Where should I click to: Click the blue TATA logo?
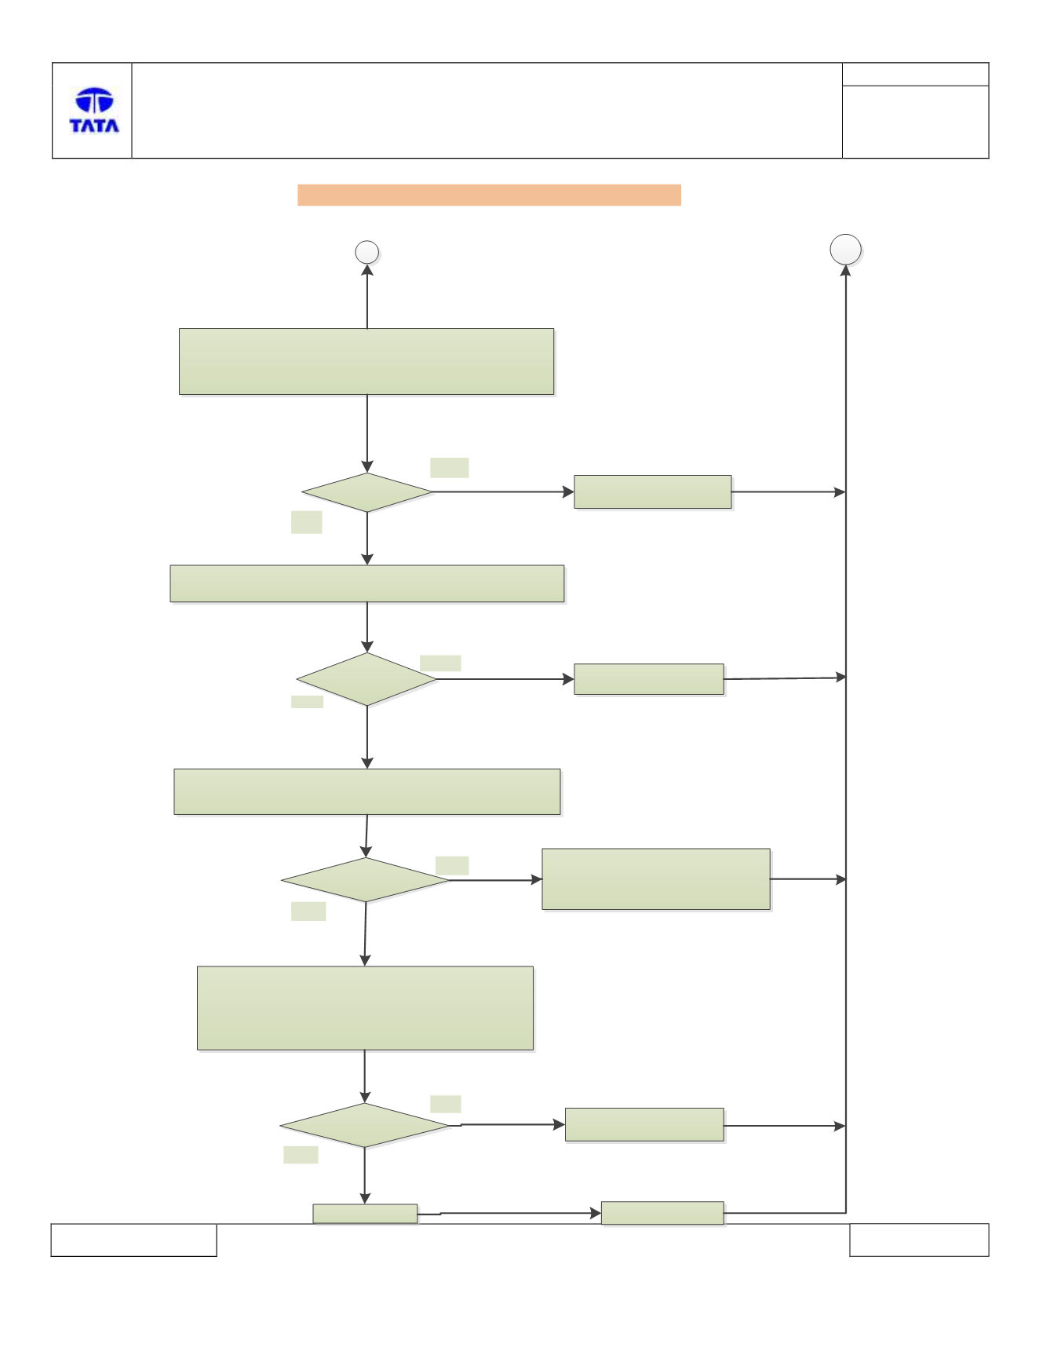(x=94, y=110)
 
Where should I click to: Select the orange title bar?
(x=489, y=195)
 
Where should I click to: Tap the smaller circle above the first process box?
(x=367, y=252)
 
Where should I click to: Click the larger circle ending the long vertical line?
(x=845, y=250)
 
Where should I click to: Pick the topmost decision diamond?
(x=367, y=492)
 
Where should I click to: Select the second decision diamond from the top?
(x=366, y=679)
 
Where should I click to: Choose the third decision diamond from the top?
(x=366, y=879)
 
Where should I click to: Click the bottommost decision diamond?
(x=365, y=1125)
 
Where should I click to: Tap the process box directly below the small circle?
(x=366, y=361)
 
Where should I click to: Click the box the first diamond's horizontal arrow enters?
(x=653, y=491)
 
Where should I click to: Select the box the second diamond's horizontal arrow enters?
(x=649, y=679)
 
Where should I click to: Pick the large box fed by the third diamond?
(x=656, y=879)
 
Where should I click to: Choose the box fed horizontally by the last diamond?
(x=644, y=1124)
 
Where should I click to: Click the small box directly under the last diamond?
(x=365, y=1213)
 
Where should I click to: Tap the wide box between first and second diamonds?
(x=367, y=583)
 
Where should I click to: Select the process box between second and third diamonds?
(x=367, y=791)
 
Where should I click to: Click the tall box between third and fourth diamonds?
(x=365, y=1008)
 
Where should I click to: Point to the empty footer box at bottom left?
(x=133, y=1240)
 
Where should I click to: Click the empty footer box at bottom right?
(x=919, y=1240)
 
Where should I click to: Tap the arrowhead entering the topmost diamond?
(x=367, y=466)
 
